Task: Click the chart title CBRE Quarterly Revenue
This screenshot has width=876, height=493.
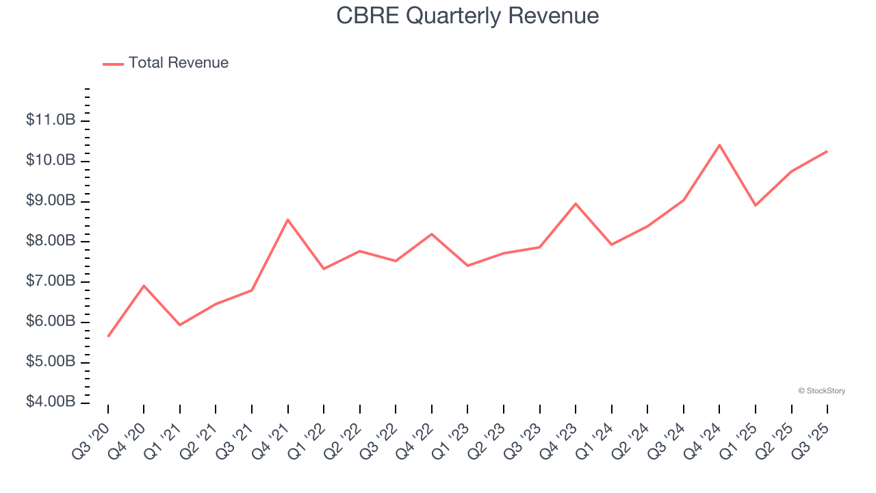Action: (467, 16)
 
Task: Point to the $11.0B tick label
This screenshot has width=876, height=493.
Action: (51, 121)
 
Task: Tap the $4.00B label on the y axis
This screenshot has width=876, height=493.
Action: (51, 402)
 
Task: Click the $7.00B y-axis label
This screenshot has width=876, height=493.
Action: (51, 281)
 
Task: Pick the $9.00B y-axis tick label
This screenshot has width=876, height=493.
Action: (51, 201)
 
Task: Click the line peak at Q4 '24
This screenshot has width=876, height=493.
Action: (719, 145)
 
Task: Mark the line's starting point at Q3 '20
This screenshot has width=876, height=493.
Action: (108, 336)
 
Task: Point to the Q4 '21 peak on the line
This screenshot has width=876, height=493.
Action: (288, 220)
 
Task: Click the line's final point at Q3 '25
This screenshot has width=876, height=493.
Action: (827, 151)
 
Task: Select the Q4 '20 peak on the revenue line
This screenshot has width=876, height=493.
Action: (144, 286)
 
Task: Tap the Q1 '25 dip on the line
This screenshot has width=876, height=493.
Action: (756, 205)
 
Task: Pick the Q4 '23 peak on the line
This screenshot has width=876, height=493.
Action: (576, 203)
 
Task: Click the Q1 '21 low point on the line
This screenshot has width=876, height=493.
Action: (180, 325)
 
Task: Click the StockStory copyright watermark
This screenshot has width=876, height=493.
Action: (821, 391)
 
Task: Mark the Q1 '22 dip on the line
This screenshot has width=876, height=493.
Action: (324, 268)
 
